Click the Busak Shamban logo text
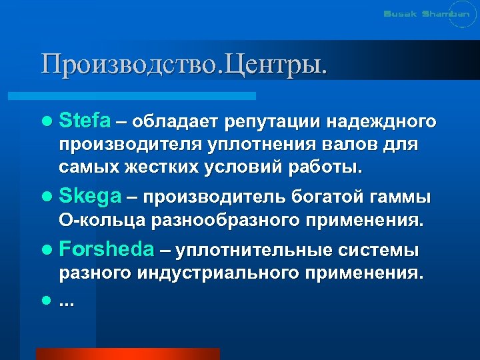[421, 15]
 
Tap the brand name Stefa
[85, 121]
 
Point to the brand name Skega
[90, 197]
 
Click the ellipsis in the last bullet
[67, 302]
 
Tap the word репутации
[274, 121]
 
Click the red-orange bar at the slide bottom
[127, 353]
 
